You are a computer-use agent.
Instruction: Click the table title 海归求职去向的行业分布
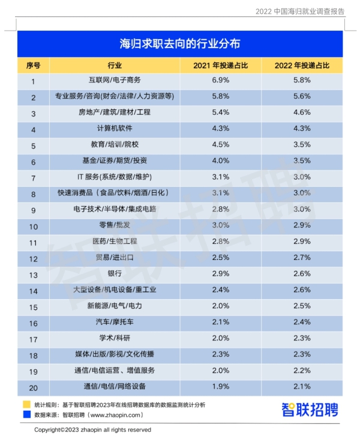tap(180, 44)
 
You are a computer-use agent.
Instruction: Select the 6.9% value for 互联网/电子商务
tap(221, 80)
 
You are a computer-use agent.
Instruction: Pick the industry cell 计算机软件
tap(114, 129)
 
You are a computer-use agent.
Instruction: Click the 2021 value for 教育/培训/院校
tap(221, 145)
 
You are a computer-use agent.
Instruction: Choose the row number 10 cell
tap(34, 226)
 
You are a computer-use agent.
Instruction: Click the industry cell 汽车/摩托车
tap(114, 322)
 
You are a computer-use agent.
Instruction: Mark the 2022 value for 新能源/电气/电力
tap(302, 306)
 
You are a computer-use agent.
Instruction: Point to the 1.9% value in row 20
tap(221, 386)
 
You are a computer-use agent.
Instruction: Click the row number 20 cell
tap(34, 387)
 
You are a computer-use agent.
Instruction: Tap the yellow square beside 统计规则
tap(26, 404)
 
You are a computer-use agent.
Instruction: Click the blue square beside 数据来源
tap(26, 414)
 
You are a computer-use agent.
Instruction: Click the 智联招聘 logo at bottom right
tap(310, 410)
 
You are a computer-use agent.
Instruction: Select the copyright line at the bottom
tap(92, 430)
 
